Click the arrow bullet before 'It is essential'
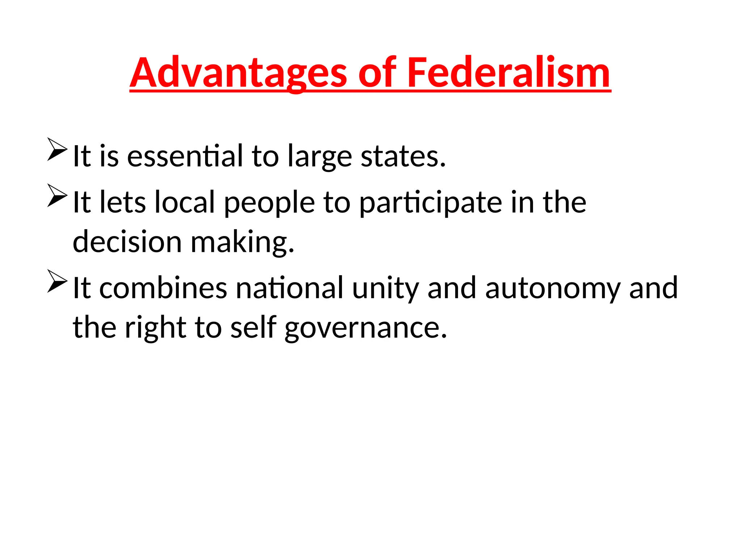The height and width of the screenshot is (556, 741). pyautogui.click(x=57, y=149)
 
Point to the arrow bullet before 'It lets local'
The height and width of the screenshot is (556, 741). pyautogui.click(x=57, y=195)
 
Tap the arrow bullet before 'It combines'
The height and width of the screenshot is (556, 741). pyautogui.click(x=57, y=281)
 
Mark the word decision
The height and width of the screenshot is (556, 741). pyautogui.click(x=127, y=241)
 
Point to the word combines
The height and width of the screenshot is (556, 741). pyautogui.click(x=163, y=288)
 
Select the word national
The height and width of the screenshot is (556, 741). pyautogui.click(x=289, y=288)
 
